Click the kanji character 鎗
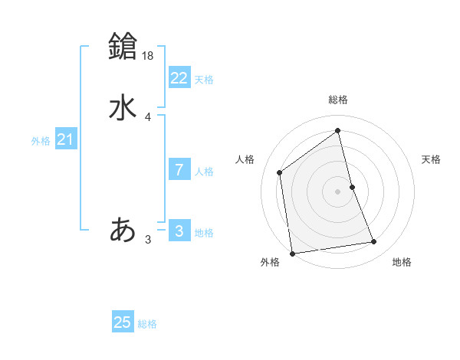tap(123, 47)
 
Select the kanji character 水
tap(123, 108)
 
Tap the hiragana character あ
tap(123, 230)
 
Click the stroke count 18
tap(149, 55)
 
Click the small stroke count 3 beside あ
tap(148, 240)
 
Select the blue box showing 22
tap(179, 78)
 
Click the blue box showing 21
tap(65, 139)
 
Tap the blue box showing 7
tap(179, 170)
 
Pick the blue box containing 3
tap(179, 230)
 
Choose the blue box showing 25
tap(123, 322)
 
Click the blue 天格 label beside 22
tap(204, 80)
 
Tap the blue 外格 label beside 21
tap(41, 141)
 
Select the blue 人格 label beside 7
tap(204, 172)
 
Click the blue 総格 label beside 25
tap(147, 324)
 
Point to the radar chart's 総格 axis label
tap(338, 100)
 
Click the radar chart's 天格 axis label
tap(432, 159)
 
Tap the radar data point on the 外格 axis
tap(291, 253)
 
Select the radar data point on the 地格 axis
tap(374, 242)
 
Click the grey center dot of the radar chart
tap(338, 191)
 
